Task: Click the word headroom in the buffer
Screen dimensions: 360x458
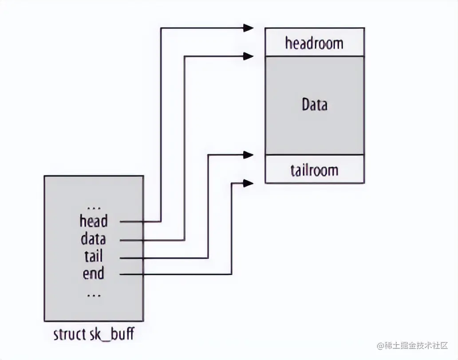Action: click(314, 43)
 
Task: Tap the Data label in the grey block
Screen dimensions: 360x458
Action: click(314, 105)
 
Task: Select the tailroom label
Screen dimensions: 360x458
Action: click(314, 170)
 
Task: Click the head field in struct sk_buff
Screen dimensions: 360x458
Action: click(94, 220)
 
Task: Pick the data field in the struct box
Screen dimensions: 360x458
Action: click(93, 239)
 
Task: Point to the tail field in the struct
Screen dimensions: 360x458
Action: click(93, 257)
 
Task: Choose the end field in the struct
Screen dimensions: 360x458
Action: click(93, 274)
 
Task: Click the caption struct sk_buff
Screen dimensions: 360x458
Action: click(93, 334)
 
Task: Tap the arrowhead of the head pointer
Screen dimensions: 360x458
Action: click(248, 28)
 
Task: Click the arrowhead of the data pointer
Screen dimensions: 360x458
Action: click(248, 56)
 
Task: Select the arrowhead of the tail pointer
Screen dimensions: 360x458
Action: click(248, 155)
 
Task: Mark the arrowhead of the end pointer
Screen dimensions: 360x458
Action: click(248, 182)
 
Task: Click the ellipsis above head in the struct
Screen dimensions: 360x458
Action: click(94, 207)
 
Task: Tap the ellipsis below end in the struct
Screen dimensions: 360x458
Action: click(94, 293)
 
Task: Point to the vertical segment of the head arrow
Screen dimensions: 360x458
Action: click(161, 124)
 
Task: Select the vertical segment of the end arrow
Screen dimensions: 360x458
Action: click(231, 228)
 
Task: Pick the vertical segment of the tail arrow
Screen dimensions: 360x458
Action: click(208, 206)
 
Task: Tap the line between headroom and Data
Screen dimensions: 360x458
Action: click(314, 56)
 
